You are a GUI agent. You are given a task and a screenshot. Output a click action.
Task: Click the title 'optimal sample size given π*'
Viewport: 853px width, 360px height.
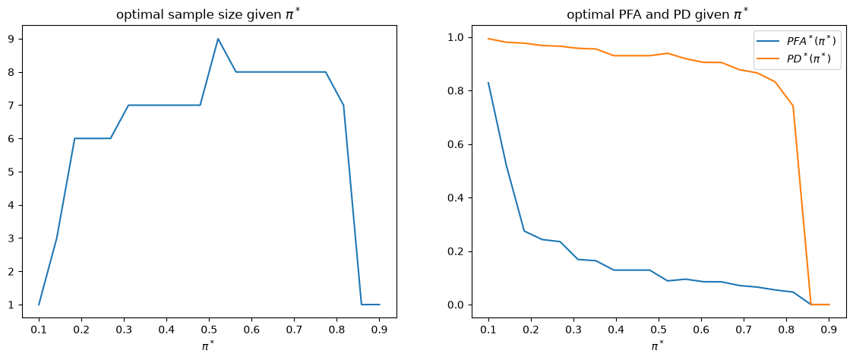coord(210,15)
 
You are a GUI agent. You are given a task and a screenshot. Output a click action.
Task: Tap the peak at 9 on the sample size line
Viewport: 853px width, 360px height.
coord(217,39)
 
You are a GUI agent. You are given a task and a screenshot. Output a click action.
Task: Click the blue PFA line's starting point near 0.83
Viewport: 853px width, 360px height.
coord(488,83)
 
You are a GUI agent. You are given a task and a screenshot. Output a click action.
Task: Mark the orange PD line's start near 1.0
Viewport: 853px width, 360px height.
coord(488,39)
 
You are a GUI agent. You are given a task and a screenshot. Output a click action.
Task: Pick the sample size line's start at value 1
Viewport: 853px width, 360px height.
coord(39,305)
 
